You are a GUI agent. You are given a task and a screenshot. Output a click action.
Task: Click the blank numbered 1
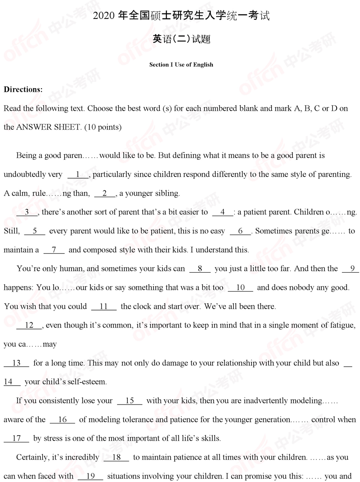pyautogui.click(x=78, y=174)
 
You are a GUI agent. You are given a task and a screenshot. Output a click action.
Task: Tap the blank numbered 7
pyautogui.click(x=54, y=249)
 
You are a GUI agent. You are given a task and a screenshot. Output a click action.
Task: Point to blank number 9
pyautogui.click(x=351, y=269)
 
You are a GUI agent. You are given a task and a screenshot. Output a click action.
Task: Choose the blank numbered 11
pyautogui.click(x=103, y=306)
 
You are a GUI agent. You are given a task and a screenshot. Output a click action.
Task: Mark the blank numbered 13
pyautogui.click(x=17, y=363)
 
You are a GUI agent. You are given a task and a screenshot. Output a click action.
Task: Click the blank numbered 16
pyautogui.click(x=63, y=419)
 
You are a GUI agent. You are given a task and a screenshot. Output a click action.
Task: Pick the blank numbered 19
pyautogui.click(x=90, y=476)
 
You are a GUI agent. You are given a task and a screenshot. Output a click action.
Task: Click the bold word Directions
pyautogui.click(x=23, y=89)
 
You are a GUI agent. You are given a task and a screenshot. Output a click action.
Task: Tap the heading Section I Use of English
pyautogui.click(x=181, y=64)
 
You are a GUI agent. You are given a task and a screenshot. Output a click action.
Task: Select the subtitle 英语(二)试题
pyautogui.click(x=181, y=40)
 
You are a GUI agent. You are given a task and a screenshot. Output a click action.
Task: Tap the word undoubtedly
pyautogui.click(x=25, y=174)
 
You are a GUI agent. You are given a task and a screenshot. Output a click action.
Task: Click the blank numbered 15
pyautogui.click(x=130, y=401)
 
